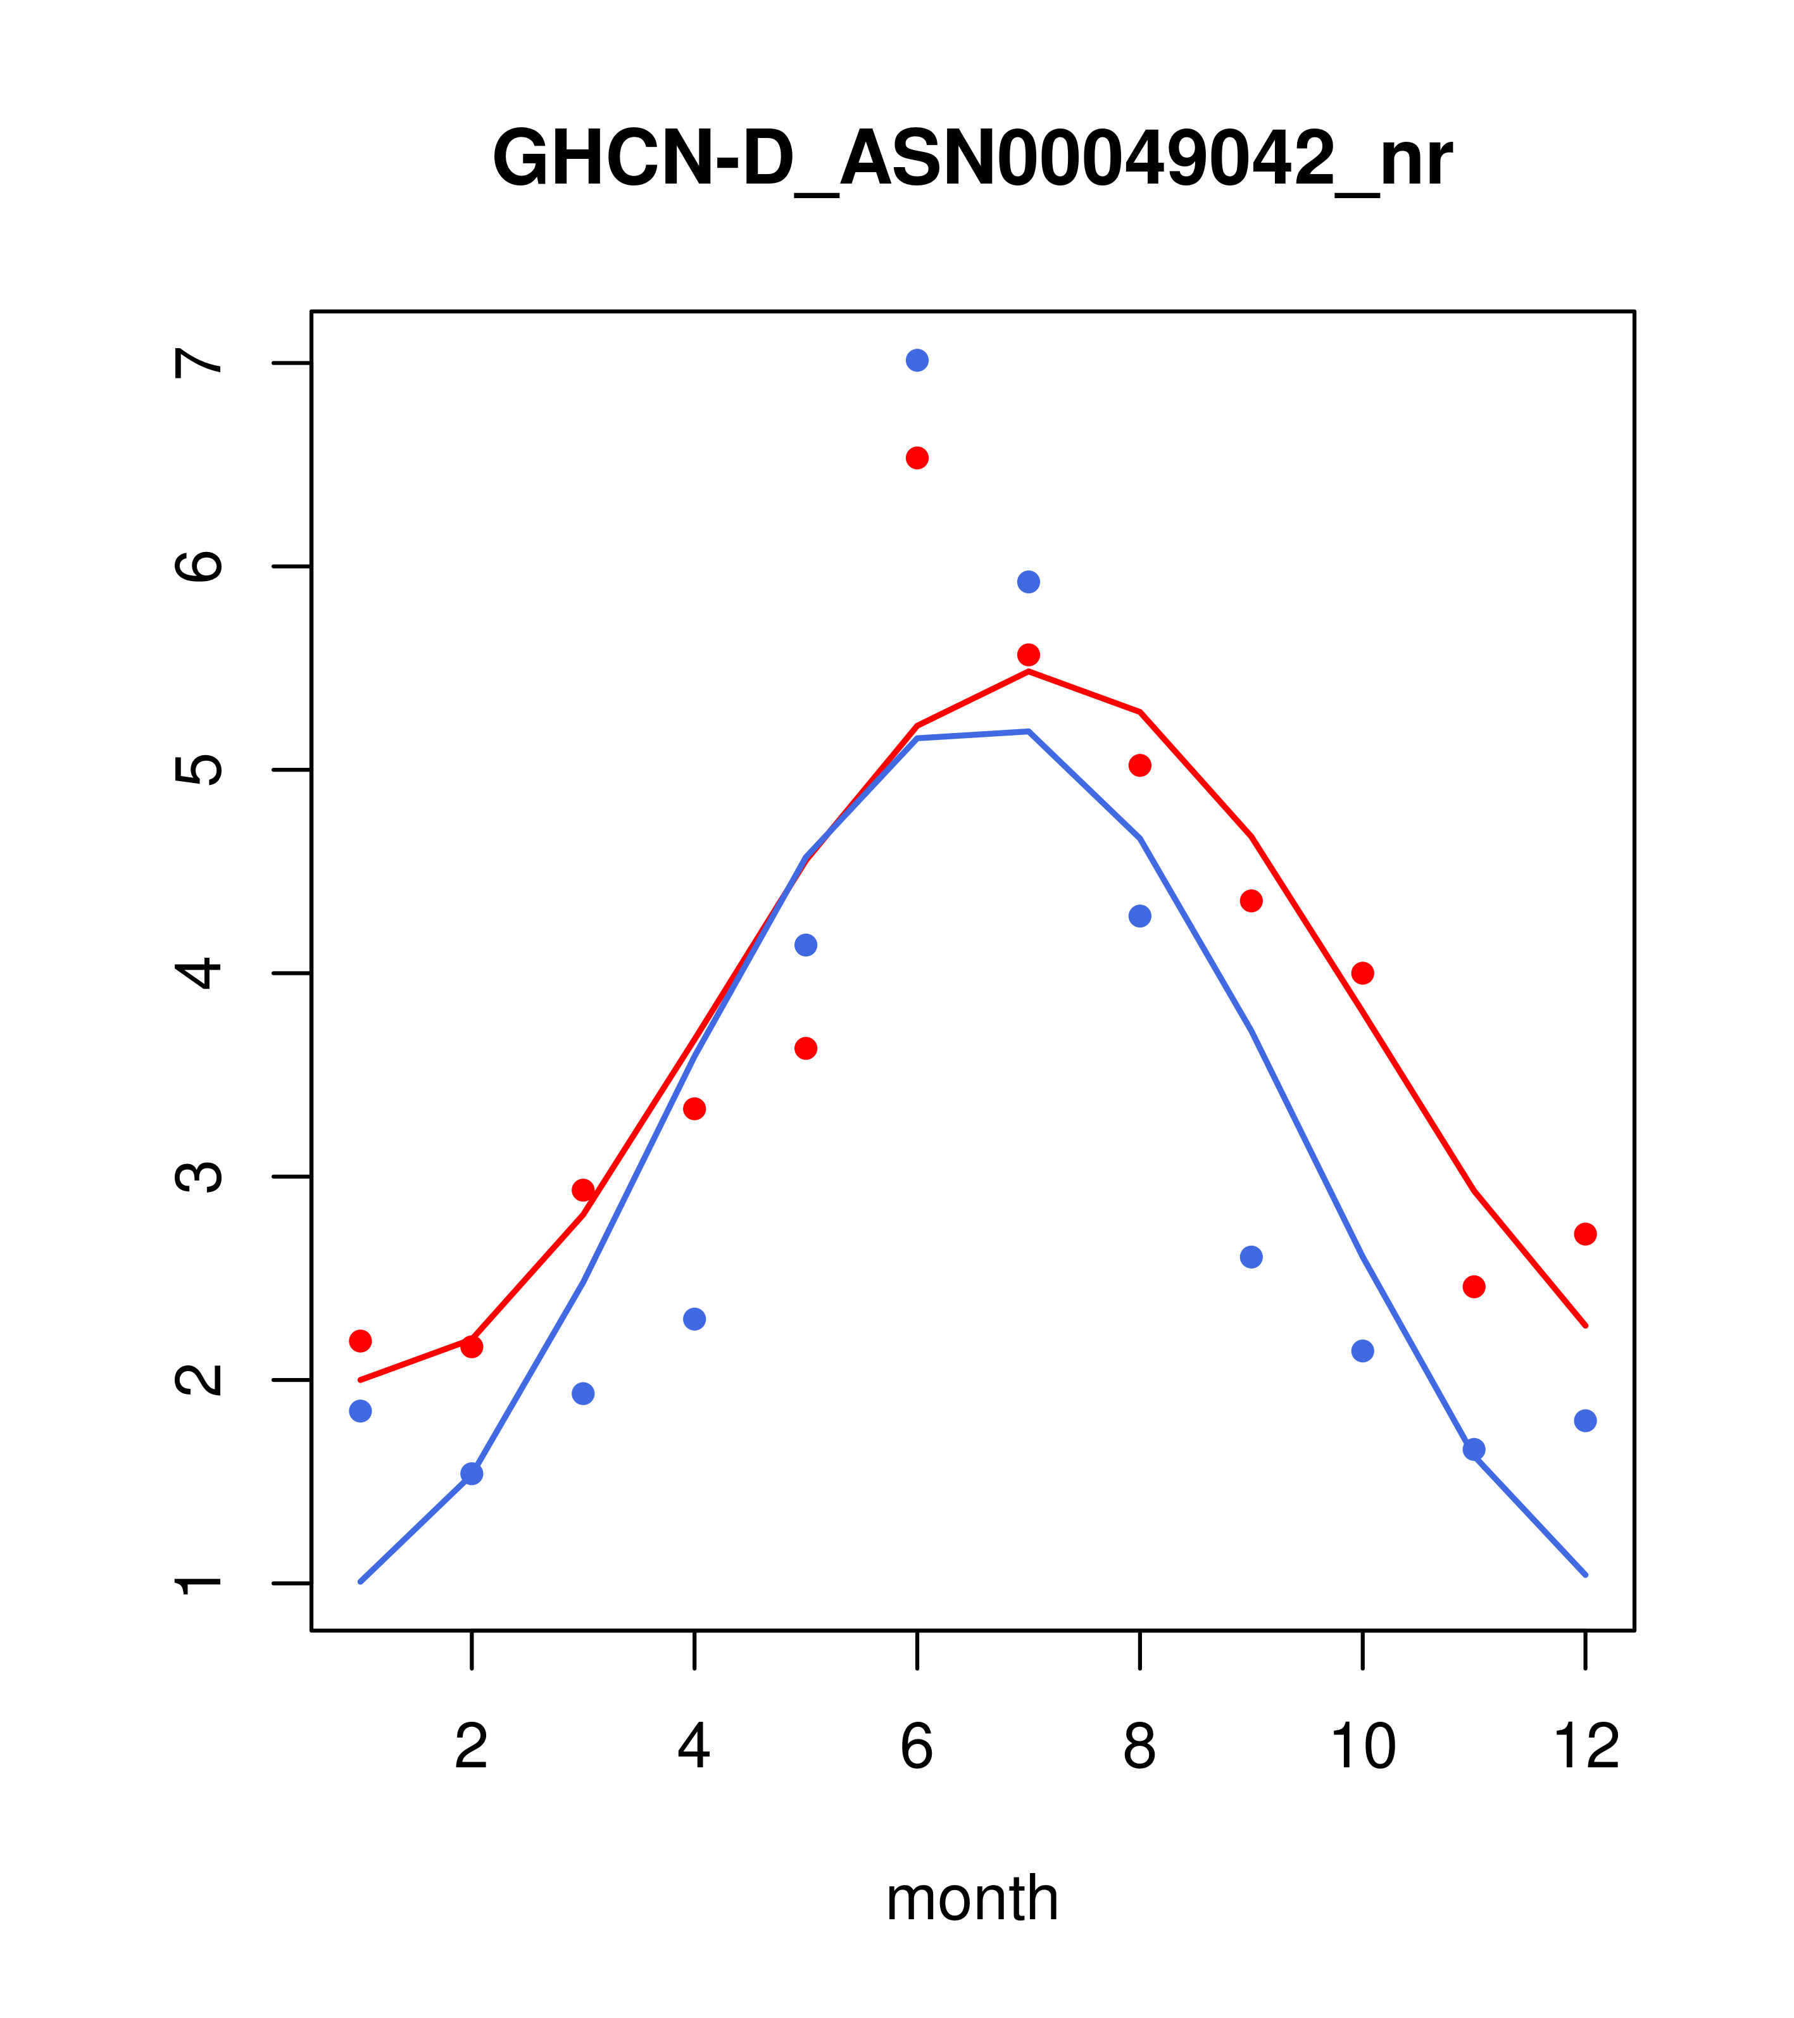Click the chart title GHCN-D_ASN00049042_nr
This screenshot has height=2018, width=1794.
972,159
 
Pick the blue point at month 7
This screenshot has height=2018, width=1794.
1028,582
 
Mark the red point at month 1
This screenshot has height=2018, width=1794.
360,1341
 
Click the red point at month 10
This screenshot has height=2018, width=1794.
1362,974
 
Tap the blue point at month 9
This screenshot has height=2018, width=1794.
1251,1257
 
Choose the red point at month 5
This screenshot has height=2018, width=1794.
806,1048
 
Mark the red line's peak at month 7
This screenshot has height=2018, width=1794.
1028,672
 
